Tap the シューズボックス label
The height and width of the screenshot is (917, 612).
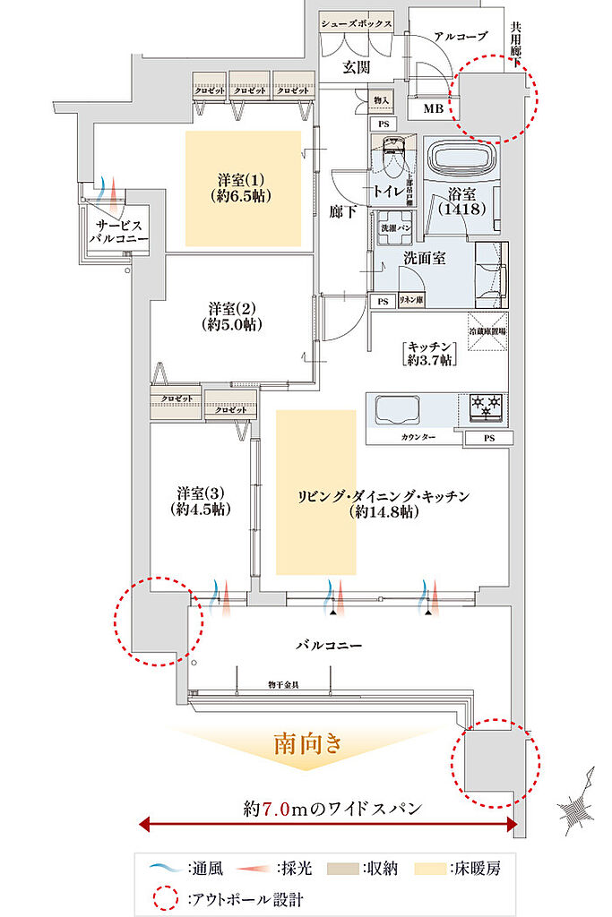pos(357,24)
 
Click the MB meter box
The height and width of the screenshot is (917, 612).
pos(432,108)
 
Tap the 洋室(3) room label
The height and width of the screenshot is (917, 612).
pos(199,501)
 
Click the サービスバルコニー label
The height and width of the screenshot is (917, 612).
pos(113,232)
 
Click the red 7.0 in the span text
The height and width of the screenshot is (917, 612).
pos(276,808)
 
